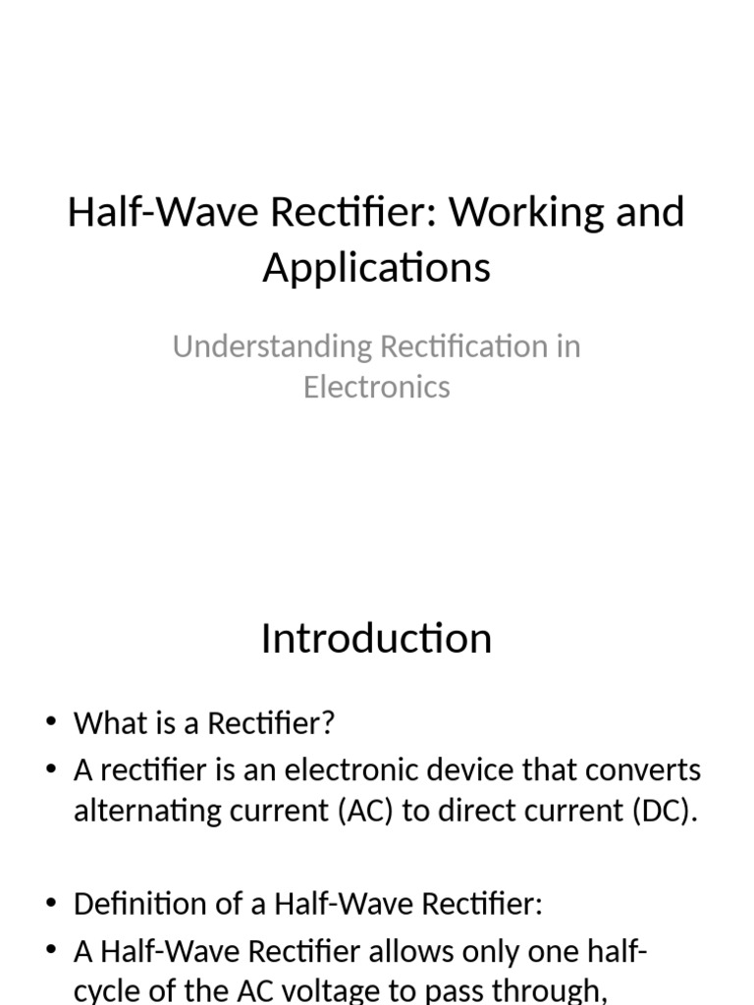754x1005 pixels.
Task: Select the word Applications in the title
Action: [x=376, y=267]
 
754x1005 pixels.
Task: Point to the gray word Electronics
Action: [x=376, y=387]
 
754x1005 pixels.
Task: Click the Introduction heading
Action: [x=376, y=639]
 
